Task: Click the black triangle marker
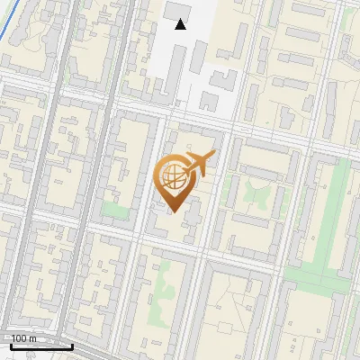pyautogui.click(x=181, y=24)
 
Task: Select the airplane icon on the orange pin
pyautogui.click(x=198, y=164)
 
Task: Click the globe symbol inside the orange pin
pyautogui.click(x=172, y=176)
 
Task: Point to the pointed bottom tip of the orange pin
pyautogui.click(x=173, y=211)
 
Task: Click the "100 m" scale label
pyautogui.click(x=23, y=338)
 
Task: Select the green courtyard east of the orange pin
pyautogui.click(x=256, y=191)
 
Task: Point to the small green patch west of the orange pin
pyautogui.click(x=114, y=210)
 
